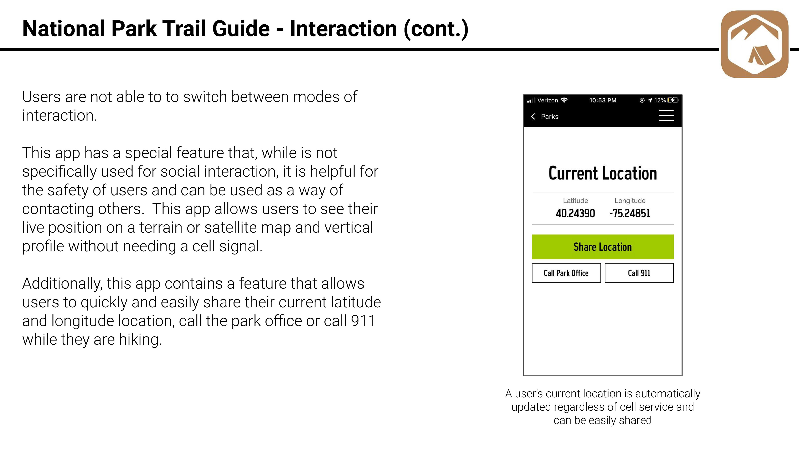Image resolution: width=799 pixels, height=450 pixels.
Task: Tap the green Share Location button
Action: click(603, 247)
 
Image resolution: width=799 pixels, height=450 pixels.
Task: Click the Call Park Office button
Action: click(566, 273)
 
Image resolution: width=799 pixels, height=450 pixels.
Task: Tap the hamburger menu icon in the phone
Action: click(666, 116)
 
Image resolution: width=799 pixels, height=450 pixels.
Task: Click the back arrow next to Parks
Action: click(533, 116)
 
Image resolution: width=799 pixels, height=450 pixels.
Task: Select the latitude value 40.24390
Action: click(575, 213)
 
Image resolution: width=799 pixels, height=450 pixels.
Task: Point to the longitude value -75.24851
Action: click(630, 213)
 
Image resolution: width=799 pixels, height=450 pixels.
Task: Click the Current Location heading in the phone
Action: click(603, 173)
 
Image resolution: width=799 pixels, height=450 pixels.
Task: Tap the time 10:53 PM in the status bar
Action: click(603, 100)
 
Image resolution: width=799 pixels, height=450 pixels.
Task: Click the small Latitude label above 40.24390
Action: click(575, 201)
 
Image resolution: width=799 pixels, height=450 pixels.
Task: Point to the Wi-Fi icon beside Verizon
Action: click(564, 100)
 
